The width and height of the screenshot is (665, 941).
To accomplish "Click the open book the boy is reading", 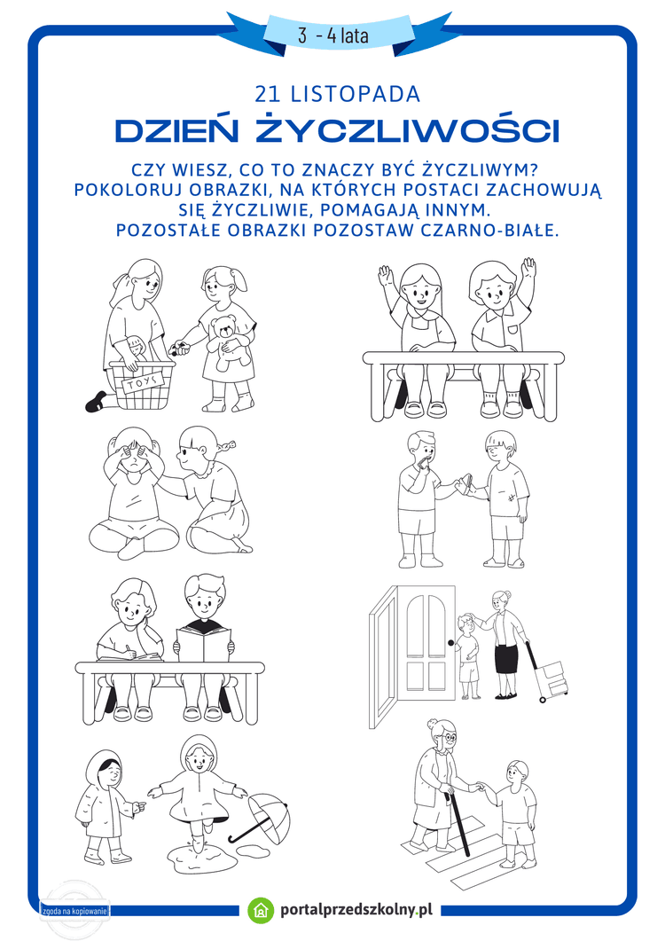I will pyautogui.click(x=205, y=641).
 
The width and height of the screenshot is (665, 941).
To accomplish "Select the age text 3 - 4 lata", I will pyautogui.click(x=333, y=36).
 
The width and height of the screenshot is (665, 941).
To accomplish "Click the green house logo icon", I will pyautogui.click(x=261, y=909).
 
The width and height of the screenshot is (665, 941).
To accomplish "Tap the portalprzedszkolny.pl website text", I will pyautogui.click(x=355, y=909).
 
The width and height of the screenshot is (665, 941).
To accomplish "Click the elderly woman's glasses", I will pyautogui.click(x=448, y=735).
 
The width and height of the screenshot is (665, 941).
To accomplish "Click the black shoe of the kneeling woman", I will pyautogui.click(x=96, y=403).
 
